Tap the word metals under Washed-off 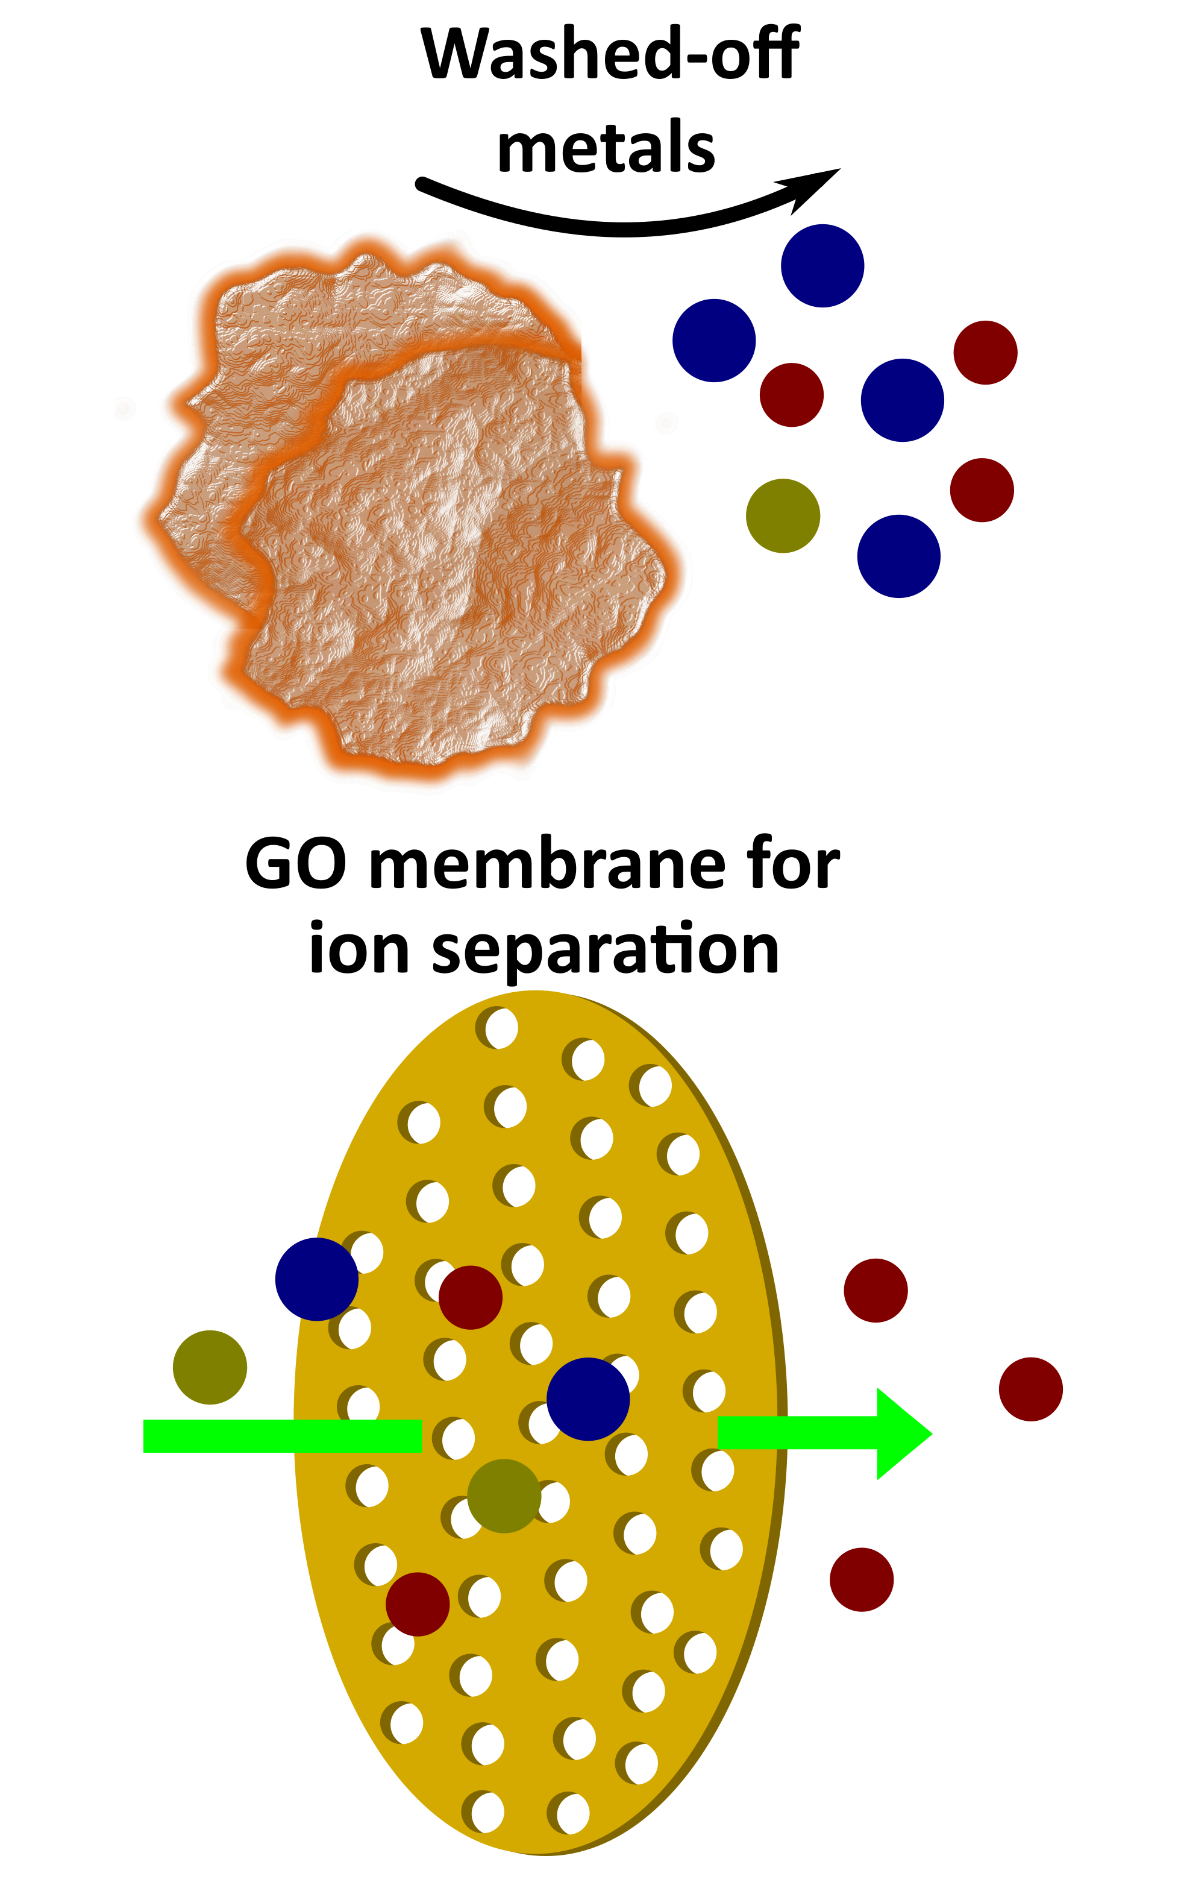point(606,147)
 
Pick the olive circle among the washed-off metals point(783,516)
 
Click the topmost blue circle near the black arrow point(822,266)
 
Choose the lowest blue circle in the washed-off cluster point(898,556)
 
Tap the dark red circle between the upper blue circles point(791,395)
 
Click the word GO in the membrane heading point(296,866)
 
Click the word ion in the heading point(359,949)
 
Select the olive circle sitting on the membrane point(504,1496)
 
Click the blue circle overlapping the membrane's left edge point(316,1279)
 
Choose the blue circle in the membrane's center point(587,1399)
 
